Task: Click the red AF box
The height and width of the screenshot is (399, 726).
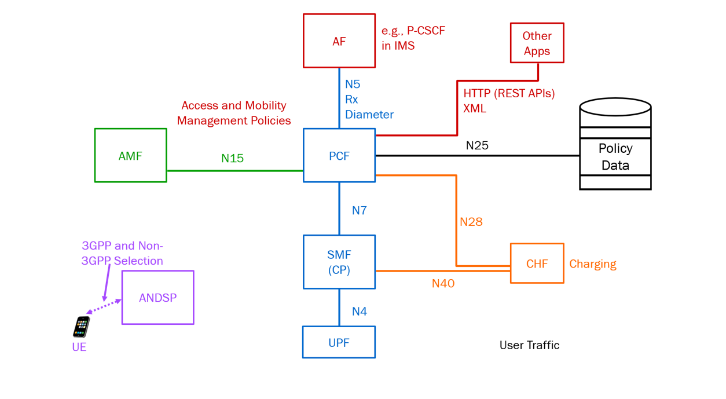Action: [339, 41]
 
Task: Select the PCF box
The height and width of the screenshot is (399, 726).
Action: [339, 156]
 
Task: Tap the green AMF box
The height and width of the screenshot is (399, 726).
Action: [130, 156]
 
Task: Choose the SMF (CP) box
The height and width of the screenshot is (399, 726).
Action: [339, 262]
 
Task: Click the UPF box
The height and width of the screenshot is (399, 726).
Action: [339, 342]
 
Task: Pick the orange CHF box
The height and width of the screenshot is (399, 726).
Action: [537, 263]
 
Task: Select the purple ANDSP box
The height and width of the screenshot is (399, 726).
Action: [157, 298]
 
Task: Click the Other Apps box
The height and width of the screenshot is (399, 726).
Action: [537, 43]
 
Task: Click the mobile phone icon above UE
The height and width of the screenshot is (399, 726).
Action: [82, 327]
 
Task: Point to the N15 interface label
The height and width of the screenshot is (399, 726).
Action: [232, 158]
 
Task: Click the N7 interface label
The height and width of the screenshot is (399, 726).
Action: [359, 211]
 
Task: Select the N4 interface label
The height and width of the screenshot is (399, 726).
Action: [359, 312]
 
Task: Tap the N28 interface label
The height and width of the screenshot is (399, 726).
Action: [471, 222]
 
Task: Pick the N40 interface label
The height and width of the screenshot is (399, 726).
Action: [443, 283]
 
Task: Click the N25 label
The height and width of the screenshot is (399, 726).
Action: [477, 145]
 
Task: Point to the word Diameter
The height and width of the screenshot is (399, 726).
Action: [369, 115]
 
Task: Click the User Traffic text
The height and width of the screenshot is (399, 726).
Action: [529, 345]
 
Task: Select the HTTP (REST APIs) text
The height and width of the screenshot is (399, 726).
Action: [509, 93]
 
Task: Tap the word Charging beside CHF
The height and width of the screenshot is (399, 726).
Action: [592, 264]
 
